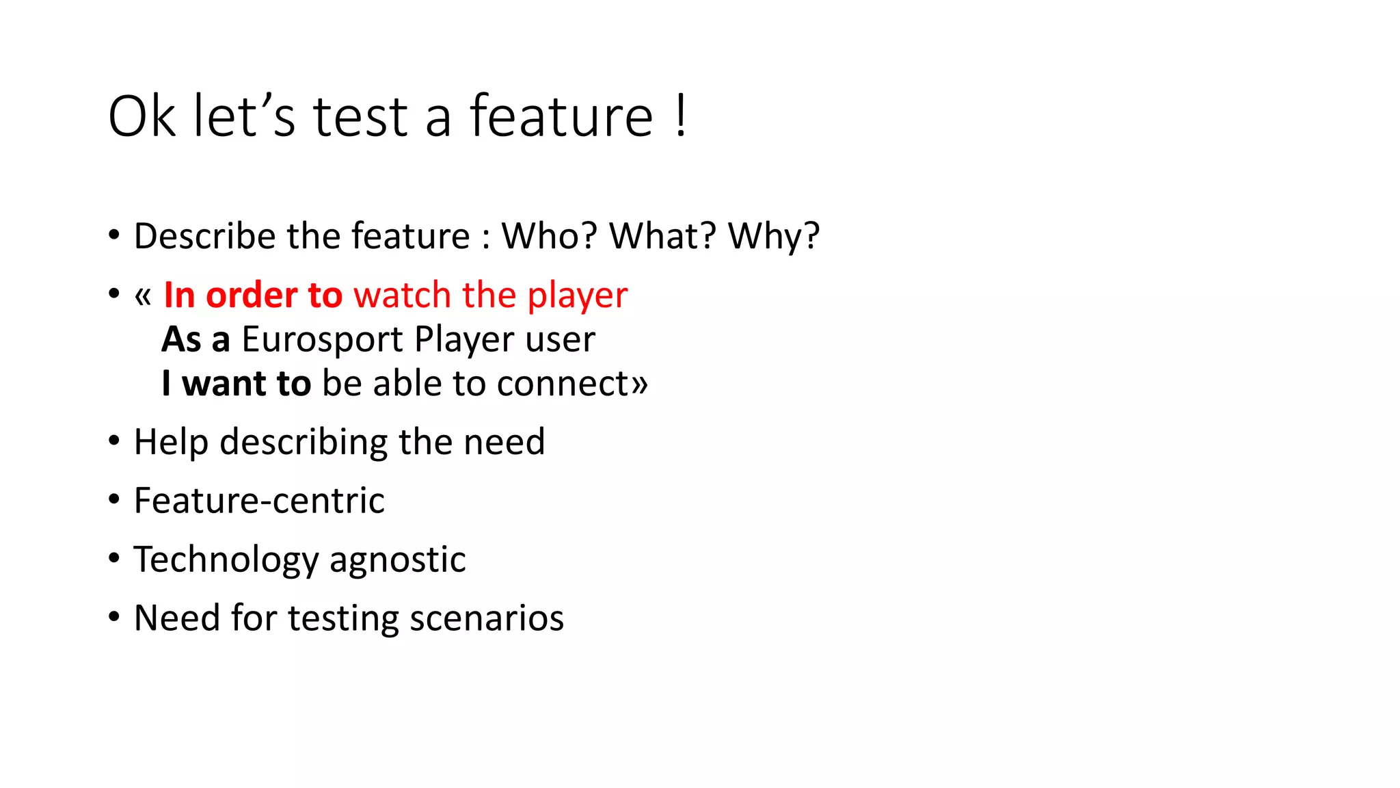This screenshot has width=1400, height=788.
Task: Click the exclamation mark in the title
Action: [680, 116]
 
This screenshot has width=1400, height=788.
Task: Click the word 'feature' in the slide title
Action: [561, 116]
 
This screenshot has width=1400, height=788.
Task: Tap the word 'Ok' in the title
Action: [142, 116]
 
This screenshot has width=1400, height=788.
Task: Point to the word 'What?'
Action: [662, 236]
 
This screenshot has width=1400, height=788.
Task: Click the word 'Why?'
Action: [773, 236]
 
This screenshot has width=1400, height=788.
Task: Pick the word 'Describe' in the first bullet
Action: [204, 236]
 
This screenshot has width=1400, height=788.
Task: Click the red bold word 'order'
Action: [251, 295]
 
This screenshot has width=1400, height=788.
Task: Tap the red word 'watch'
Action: [402, 295]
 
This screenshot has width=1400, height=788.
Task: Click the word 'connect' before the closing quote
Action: [563, 384]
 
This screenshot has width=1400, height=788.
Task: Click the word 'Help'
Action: [171, 442]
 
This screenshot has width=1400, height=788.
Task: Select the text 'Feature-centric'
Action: [259, 501]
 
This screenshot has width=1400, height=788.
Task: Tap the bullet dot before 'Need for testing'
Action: [114, 617]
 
